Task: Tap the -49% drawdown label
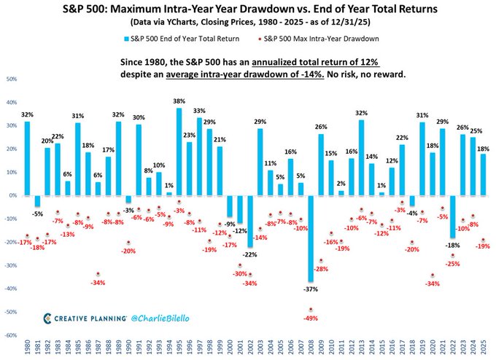tap(311, 318)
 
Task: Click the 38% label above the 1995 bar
tap(179, 101)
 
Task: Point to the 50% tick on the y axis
tap(12, 79)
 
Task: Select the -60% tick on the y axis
tap(11, 335)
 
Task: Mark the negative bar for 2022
tap(452, 216)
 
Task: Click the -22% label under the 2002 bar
tap(250, 254)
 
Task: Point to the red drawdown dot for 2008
tap(311, 310)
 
